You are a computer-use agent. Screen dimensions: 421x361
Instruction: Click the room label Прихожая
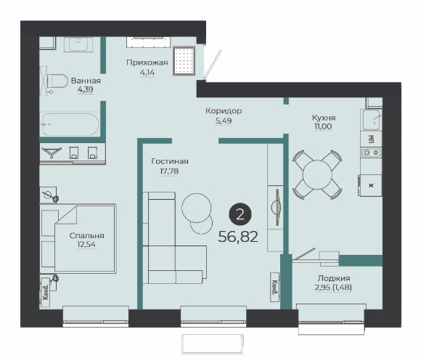tap(147, 63)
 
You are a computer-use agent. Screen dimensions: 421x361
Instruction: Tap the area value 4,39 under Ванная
tap(86, 89)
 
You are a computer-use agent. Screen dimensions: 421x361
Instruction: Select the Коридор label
tap(224, 110)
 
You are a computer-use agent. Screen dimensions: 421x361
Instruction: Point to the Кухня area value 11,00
tap(323, 126)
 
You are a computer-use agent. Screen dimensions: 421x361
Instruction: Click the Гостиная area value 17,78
tap(169, 171)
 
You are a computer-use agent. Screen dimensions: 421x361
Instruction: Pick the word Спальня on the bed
tap(86, 235)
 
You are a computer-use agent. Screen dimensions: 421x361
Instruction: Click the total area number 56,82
tap(238, 237)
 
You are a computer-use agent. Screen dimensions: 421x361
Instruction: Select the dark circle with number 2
tap(240, 214)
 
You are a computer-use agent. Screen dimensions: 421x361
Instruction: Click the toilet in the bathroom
tap(57, 81)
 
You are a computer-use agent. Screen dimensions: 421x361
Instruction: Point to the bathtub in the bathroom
tap(70, 124)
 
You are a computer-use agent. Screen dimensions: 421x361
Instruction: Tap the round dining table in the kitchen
tap(317, 175)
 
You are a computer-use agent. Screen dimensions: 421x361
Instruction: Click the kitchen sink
tap(372, 119)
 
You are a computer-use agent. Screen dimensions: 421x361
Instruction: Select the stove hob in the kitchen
tap(371, 153)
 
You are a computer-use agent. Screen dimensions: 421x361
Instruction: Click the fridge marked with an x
tap(371, 185)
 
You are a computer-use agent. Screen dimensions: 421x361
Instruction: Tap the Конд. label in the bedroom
tap(46, 292)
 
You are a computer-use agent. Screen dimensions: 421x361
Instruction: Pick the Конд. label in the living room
tap(274, 287)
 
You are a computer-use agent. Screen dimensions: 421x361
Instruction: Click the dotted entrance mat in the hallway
tap(184, 61)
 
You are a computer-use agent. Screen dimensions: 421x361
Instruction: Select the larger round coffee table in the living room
tap(196, 208)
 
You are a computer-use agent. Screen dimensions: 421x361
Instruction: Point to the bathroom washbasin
tap(78, 44)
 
